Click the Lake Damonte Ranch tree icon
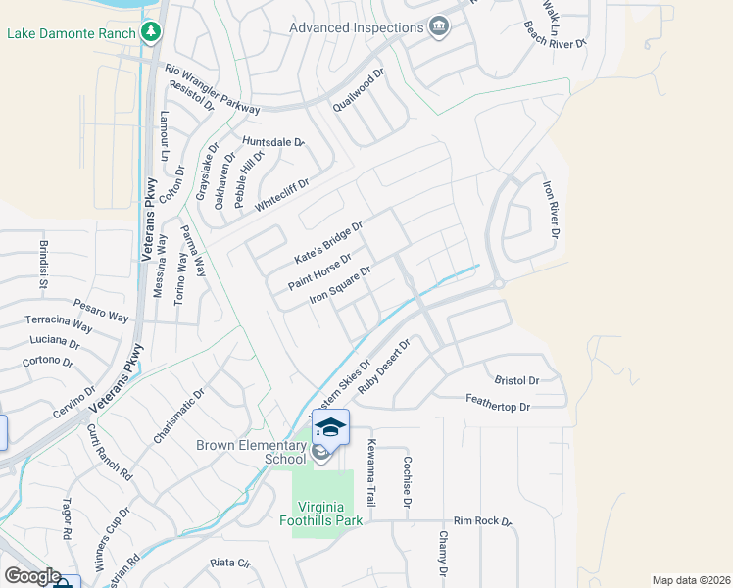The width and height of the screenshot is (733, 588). (x=150, y=33)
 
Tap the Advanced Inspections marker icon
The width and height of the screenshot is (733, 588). (x=439, y=27)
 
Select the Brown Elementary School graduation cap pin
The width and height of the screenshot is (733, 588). (x=331, y=427)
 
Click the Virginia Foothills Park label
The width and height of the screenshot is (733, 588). (x=320, y=514)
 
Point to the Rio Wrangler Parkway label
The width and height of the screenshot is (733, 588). (x=213, y=88)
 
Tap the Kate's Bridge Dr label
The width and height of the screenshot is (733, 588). (x=329, y=243)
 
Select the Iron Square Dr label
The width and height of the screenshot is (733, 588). (x=340, y=285)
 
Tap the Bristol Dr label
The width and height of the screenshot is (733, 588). (x=517, y=380)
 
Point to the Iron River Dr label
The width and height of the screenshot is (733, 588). (x=552, y=207)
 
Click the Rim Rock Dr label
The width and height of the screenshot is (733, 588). (x=483, y=522)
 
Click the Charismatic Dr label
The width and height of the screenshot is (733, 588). (x=178, y=416)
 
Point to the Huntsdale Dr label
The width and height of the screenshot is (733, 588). (x=273, y=142)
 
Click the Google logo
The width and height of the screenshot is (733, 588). (x=32, y=575)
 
